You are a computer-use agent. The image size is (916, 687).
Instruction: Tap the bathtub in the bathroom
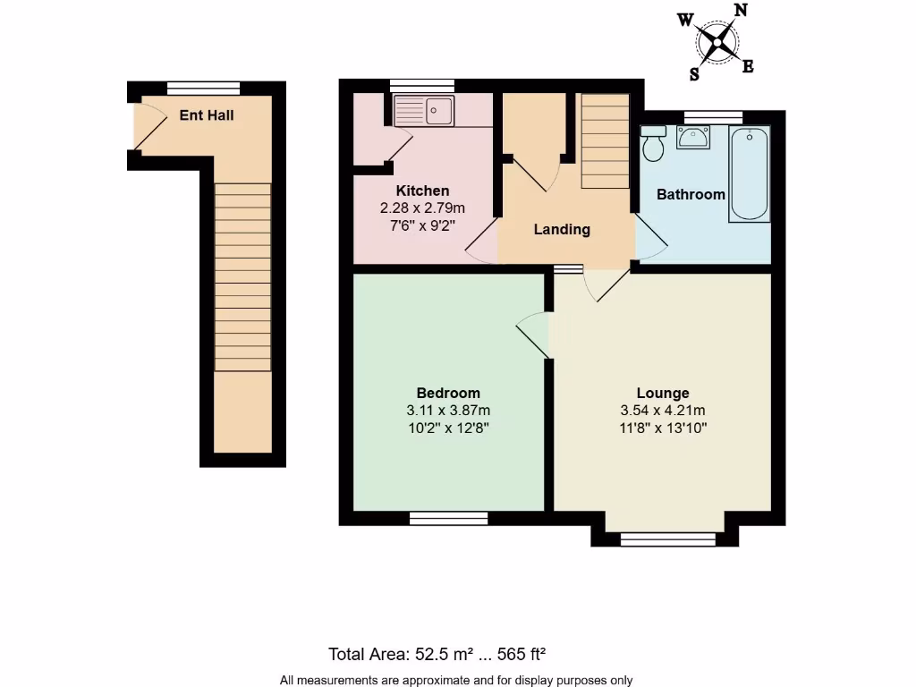750,174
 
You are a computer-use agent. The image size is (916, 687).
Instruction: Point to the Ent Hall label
207,115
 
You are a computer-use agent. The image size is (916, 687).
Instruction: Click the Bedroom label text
448,393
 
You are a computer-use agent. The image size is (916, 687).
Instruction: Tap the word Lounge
663,393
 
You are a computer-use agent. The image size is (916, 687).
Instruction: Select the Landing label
562,229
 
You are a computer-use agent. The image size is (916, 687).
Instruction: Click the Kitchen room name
422,191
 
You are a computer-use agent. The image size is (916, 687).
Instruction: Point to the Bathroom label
691,194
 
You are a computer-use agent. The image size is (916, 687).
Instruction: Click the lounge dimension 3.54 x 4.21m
663,411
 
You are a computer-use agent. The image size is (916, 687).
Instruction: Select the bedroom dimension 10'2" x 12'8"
448,428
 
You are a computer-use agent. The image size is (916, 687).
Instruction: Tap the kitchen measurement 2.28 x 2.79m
422,208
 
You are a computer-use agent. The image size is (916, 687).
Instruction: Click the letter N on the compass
740,11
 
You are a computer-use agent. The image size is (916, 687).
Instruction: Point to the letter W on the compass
685,20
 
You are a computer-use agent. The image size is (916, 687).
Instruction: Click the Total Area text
444,653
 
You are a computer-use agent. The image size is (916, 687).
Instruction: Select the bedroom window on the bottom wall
449,518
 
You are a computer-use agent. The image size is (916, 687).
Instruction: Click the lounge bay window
667,539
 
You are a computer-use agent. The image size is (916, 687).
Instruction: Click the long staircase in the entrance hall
242,277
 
